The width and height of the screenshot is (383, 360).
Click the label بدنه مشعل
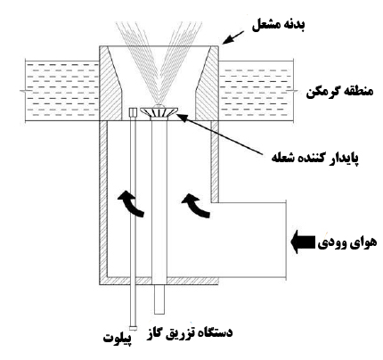278,26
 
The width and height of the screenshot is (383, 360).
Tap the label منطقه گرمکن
339,92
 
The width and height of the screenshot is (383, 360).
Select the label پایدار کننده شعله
314,158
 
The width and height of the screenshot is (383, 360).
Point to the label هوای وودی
347,242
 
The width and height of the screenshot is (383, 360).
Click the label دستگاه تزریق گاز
190,333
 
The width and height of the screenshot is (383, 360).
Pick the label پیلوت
118,339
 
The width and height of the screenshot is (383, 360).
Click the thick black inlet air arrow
303,242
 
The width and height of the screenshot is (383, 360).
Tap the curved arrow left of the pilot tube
131,203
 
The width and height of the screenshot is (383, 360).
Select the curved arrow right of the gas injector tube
196,206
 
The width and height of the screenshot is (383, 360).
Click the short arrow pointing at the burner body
233,37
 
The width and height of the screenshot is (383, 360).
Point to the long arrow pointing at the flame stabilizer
220,135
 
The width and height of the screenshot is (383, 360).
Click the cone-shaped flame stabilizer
159,112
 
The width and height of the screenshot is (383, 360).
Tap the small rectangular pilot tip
133,112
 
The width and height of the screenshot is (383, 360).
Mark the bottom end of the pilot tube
134,329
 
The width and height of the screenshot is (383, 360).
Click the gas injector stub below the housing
159,299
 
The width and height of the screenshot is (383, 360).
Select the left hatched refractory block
110,83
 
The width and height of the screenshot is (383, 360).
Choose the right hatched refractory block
207,83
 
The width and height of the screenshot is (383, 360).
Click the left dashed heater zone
62,91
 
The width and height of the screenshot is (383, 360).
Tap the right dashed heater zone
256,91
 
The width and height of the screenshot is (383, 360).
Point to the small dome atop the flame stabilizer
159,105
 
